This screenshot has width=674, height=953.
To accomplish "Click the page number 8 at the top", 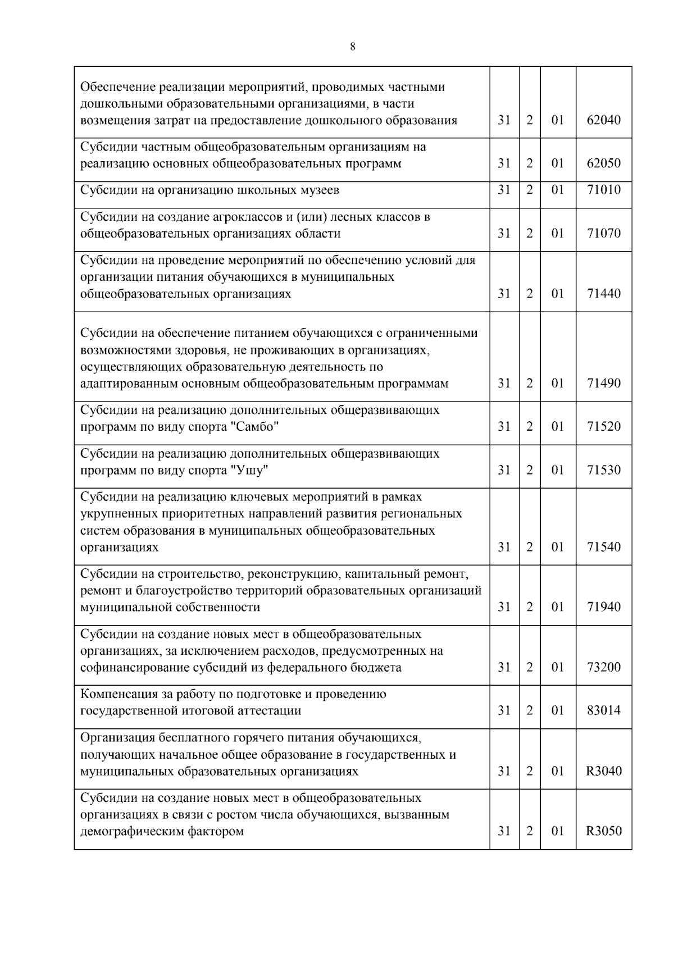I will pyautogui.click(x=352, y=47).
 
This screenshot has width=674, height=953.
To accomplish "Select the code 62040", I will pyautogui.click(x=604, y=120).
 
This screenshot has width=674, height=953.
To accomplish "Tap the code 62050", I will pyautogui.click(x=604, y=163).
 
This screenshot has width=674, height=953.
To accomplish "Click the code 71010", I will pyautogui.click(x=604, y=190).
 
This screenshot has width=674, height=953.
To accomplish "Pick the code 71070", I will pyautogui.click(x=604, y=233).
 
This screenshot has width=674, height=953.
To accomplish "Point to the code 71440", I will pyautogui.click(x=604, y=294).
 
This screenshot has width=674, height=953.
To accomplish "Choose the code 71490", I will pyautogui.click(x=604, y=384).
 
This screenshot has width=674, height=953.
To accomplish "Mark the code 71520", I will pyautogui.click(x=604, y=427).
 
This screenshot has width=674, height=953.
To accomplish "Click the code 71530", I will pyautogui.click(x=604, y=470).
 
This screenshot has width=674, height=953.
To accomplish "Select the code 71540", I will pyautogui.click(x=604, y=547).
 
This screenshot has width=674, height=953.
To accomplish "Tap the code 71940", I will pyautogui.click(x=604, y=607).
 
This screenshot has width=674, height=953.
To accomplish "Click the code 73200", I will pyautogui.click(x=604, y=668).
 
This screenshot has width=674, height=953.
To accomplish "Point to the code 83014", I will pyautogui.click(x=604, y=711).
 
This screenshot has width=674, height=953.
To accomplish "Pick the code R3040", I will pyautogui.click(x=604, y=772).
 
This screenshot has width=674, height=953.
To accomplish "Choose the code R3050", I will pyautogui.click(x=604, y=832).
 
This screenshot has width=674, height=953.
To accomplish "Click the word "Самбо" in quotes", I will pyautogui.click(x=255, y=427).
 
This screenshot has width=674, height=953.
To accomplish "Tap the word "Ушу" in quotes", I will pyautogui.click(x=249, y=470).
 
